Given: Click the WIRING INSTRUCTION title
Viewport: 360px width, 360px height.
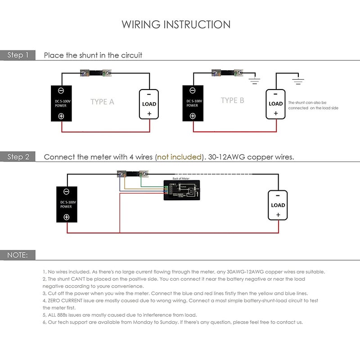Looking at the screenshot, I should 176,24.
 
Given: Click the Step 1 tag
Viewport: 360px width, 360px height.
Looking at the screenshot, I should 18,55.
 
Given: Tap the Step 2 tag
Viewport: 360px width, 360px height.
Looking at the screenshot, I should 18,157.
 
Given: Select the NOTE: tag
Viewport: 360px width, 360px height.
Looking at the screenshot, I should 18,255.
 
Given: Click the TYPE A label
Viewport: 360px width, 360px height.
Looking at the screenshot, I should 102,102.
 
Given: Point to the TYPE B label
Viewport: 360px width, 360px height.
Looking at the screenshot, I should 232,100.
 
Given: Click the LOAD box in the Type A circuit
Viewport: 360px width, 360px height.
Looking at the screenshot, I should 149,104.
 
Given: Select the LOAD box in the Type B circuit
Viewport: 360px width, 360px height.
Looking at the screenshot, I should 275,103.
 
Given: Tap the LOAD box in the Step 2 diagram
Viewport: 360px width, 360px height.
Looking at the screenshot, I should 278,205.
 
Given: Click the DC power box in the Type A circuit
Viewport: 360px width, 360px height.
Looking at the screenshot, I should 61,103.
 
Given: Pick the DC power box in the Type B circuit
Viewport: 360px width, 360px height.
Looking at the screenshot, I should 193,103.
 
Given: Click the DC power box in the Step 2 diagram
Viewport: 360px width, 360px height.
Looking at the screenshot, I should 67,205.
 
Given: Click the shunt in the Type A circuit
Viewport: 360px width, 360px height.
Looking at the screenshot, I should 95,72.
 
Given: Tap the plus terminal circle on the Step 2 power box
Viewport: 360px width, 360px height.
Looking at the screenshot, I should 67,217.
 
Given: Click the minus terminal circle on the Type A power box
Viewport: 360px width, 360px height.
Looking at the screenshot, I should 61,90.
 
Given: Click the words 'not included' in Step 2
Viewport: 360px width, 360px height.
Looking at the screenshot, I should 179,157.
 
